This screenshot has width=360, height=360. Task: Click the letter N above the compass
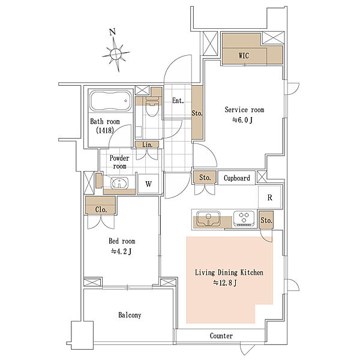(112, 32)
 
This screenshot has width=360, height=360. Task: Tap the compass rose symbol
(116, 54)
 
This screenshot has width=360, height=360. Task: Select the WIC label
(244, 56)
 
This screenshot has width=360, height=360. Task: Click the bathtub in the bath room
(110, 101)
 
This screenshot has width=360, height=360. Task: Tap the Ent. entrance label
(178, 101)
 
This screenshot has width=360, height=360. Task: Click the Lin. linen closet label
(147, 145)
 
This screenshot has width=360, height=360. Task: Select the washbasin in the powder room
(119, 183)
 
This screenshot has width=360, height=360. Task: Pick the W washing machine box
(148, 184)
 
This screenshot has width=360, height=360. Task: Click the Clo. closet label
(101, 209)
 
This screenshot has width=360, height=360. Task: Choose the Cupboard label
(237, 178)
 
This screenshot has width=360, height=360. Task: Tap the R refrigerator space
(270, 197)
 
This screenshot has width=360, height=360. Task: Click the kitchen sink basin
(208, 219)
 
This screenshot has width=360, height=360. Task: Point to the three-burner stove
(244, 218)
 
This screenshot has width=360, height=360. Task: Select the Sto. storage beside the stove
(266, 220)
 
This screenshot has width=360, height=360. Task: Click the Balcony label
(130, 315)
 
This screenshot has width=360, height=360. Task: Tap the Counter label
(221, 336)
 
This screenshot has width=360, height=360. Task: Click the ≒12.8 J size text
(225, 283)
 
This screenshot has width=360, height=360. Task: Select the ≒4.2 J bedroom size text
(121, 251)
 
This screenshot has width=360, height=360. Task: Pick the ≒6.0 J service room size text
(242, 120)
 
